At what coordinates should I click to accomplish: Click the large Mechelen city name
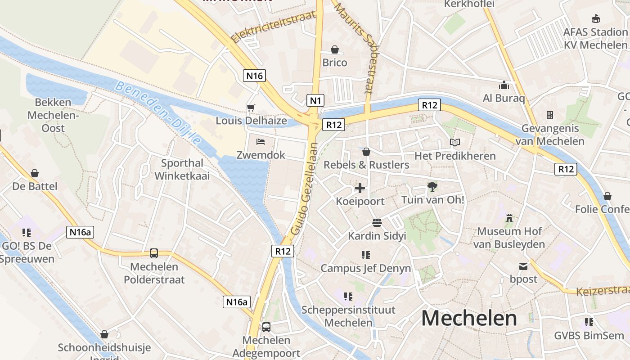coord(469,318)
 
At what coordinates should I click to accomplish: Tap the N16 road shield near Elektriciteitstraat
coord(254,76)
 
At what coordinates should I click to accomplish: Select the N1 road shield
coord(315,100)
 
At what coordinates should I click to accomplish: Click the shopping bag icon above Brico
coord(335,49)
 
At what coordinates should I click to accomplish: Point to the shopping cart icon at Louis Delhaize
coord(251,108)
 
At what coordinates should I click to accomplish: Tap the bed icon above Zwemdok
coord(261,142)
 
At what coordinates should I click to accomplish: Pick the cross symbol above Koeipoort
coord(360,188)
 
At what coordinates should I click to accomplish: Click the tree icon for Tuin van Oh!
coord(432,186)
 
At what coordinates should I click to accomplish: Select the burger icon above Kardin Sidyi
coord(377,222)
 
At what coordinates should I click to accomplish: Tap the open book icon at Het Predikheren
coord(455,143)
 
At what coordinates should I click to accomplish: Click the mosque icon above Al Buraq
coord(504,85)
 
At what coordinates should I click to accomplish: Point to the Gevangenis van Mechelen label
coord(550,135)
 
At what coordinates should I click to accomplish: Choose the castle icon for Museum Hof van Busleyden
coord(509,218)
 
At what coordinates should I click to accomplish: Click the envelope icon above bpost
coord(523,266)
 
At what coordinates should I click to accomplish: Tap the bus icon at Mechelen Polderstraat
coord(154,253)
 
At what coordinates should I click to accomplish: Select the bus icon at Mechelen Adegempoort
coord(266,327)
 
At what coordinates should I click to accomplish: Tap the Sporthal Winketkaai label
coord(182,169)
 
